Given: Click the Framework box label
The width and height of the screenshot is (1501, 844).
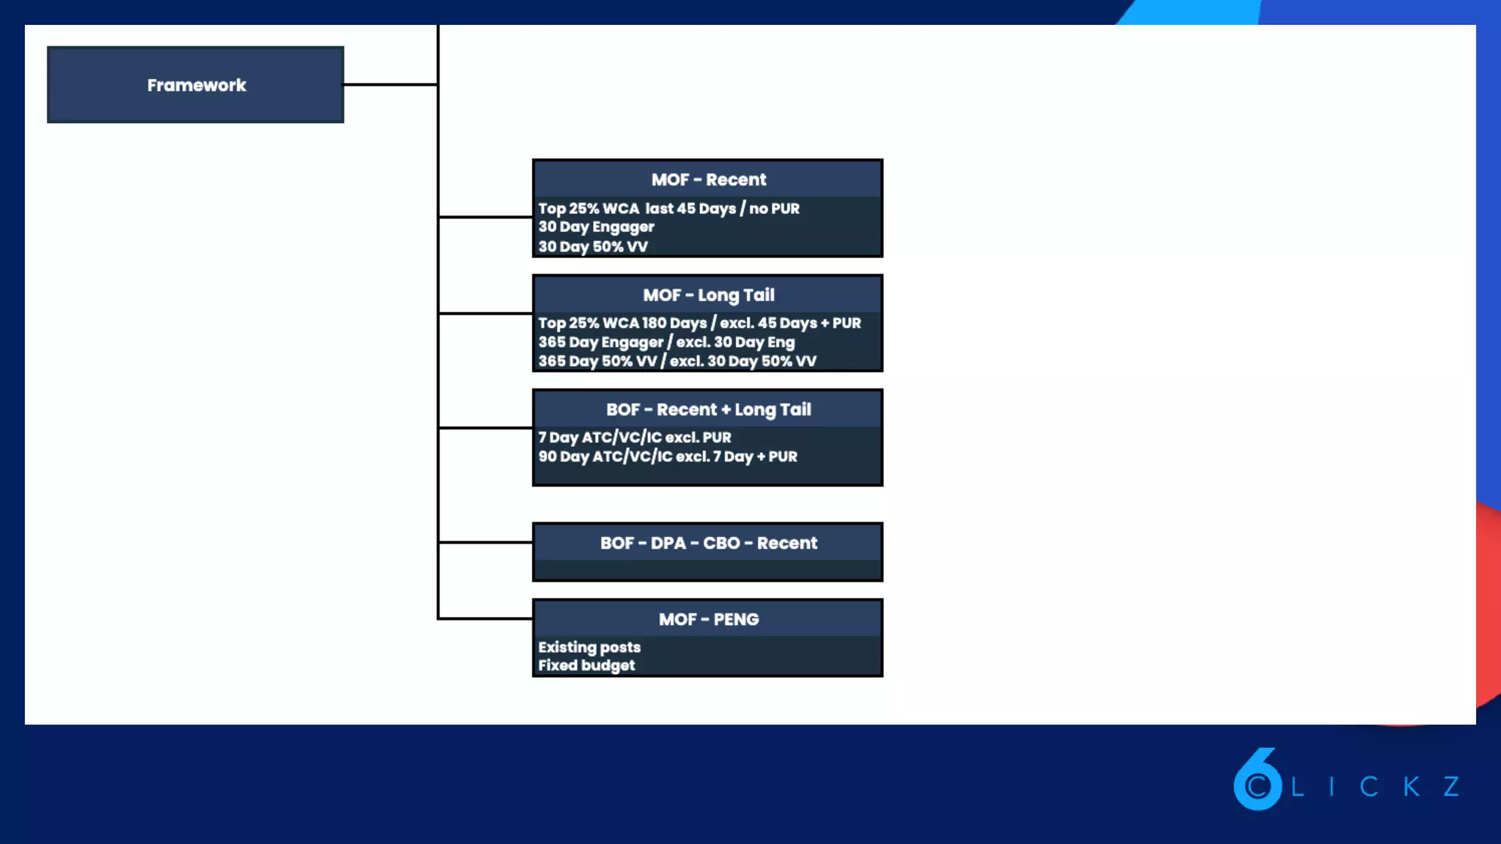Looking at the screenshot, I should click(x=196, y=85).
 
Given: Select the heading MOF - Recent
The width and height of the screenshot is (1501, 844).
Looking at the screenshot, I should click(x=708, y=179).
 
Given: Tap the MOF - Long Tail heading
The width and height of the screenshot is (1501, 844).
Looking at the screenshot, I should click(x=708, y=295).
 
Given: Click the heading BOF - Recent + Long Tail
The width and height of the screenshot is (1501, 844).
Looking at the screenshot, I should click(x=708, y=410).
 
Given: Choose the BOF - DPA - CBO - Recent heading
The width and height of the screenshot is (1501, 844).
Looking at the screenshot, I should click(x=708, y=543).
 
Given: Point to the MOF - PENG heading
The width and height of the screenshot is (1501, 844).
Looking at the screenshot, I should click(x=708, y=619).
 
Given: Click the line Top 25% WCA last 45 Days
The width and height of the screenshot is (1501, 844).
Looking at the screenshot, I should click(x=668, y=208).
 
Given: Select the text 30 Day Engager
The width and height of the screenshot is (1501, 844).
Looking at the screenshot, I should click(x=596, y=227).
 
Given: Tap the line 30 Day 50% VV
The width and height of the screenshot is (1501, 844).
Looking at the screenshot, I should click(x=593, y=247).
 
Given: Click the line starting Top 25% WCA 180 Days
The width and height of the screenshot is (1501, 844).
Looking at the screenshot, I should click(x=699, y=323).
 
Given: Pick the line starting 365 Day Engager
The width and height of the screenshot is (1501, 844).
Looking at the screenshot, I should click(x=666, y=342).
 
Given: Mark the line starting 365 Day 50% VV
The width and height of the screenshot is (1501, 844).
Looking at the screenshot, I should click(x=676, y=361).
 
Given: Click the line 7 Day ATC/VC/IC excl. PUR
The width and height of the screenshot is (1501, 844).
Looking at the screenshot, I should click(x=635, y=437).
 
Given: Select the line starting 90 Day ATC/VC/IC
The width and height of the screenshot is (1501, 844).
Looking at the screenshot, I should click(x=668, y=456).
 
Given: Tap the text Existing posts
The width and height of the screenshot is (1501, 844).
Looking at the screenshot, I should click(x=589, y=647).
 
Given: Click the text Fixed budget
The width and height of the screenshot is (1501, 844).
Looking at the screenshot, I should click(x=586, y=665).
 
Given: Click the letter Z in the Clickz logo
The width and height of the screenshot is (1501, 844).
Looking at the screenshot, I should click(x=1451, y=787).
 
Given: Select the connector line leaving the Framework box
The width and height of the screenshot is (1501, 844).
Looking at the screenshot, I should click(x=390, y=84).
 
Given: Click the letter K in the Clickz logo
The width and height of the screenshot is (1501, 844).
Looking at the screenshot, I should click(x=1412, y=787).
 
